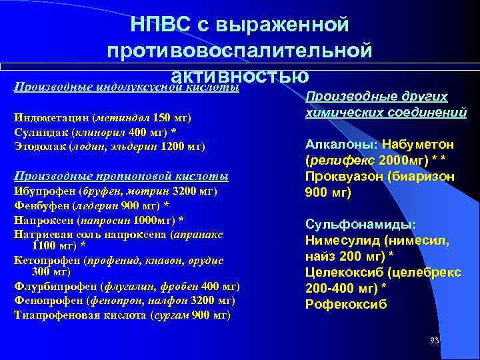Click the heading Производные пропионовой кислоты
coord(121,176)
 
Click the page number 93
coord(435,341)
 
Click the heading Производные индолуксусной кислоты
coord(127,87)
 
